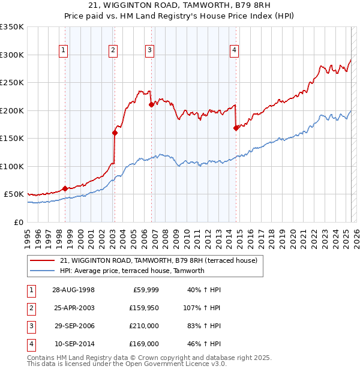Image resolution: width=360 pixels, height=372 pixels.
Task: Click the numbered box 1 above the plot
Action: (x=64, y=50)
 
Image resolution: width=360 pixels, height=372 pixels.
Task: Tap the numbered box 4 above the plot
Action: (x=234, y=50)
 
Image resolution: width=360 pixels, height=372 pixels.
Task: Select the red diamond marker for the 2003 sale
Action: (x=114, y=133)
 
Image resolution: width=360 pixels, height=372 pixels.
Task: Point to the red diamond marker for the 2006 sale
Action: (x=151, y=104)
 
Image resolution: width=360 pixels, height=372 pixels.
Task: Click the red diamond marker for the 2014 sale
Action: (x=236, y=127)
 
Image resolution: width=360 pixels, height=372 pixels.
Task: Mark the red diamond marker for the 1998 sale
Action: (x=65, y=188)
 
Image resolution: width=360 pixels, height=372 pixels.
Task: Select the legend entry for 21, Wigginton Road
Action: (x=158, y=260)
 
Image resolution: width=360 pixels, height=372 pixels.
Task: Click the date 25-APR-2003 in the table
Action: (x=73, y=308)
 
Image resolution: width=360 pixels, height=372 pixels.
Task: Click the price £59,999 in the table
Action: (x=144, y=290)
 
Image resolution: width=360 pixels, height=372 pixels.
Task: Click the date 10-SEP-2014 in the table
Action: (x=73, y=344)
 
